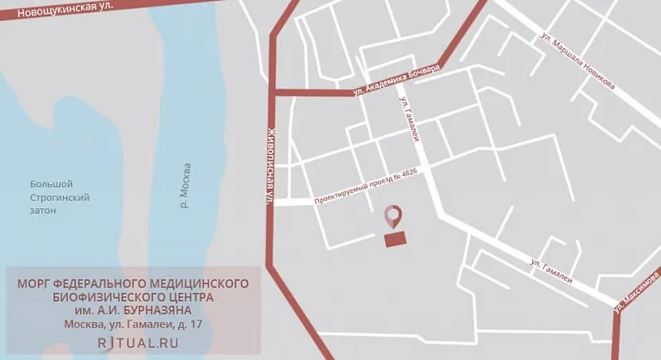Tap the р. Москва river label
[x=187, y=185]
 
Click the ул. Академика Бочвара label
[x=396, y=79]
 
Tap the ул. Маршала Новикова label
[x=578, y=62]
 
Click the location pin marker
[x=394, y=216]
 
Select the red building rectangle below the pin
[x=395, y=239]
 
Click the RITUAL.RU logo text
[x=138, y=342]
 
